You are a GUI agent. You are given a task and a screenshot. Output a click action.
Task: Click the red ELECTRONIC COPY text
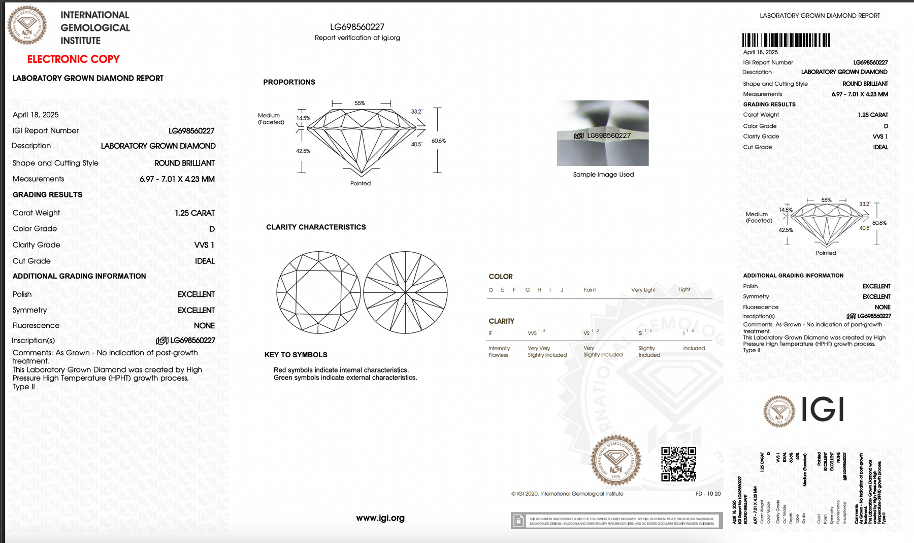point(73,59)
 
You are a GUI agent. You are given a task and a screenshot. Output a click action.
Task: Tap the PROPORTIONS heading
point(289,82)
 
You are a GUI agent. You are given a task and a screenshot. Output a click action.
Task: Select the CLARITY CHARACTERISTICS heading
point(316,227)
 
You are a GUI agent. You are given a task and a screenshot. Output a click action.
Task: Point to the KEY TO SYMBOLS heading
point(296,355)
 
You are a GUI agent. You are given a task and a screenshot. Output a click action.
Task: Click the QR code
point(678,464)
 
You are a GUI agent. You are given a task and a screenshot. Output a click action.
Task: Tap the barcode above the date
point(786,40)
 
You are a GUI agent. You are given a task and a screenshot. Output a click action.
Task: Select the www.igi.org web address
point(380,518)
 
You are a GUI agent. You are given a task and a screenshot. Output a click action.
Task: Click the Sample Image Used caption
point(603,175)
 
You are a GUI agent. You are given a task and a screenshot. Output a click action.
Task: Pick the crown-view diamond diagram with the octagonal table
point(318,292)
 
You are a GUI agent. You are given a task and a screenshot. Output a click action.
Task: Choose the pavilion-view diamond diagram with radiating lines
point(405,292)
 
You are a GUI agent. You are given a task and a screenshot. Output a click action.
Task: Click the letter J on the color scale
point(562,290)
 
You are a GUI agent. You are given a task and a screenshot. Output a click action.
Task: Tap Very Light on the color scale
point(643,290)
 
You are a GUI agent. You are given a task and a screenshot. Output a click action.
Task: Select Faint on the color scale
point(590,290)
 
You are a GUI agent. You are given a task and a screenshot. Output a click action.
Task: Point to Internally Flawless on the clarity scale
point(499,352)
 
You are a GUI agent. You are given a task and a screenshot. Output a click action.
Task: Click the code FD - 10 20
point(708,494)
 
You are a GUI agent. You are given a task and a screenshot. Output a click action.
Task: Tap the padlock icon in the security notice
point(518,521)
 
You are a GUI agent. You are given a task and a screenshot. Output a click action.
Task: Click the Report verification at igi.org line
point(357,38)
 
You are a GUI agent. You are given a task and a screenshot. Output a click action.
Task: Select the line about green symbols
point(345,378)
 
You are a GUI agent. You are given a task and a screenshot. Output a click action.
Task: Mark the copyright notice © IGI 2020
point(567,494)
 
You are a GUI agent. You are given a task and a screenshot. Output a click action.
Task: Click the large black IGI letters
point(823,410)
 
